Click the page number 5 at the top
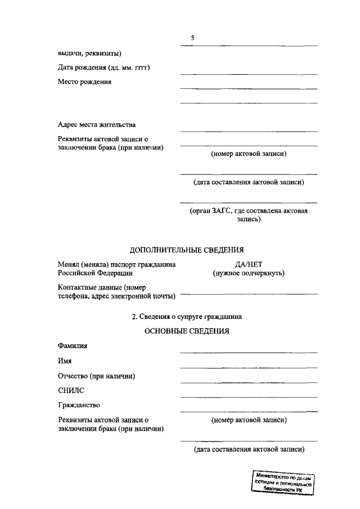point(192,38)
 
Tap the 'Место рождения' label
point(84,82)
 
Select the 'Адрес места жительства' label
point(96,124)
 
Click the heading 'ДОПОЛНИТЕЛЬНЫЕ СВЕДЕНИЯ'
point(187,250)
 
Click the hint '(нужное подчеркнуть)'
point(248,273)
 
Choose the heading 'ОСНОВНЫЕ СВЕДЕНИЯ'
point(187,331)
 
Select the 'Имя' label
point(64,361)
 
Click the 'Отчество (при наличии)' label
point(97,376)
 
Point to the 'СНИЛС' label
point(71,390)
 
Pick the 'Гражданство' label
point(79,405)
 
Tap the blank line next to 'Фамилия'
point(248,353)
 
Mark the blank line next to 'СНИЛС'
point(248,397)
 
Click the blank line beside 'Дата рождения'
point(248,74)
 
